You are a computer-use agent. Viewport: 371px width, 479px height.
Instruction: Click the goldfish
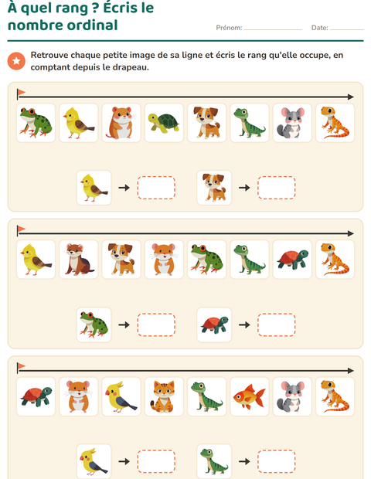tap(249, 396)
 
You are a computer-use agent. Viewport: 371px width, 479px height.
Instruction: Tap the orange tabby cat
tap(164, 396)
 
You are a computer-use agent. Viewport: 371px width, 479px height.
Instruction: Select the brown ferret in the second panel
tap(79, 260)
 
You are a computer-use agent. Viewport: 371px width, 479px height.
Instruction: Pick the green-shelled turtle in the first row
tap(164, 123)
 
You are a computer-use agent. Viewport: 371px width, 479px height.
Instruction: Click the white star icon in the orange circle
tap(16, 61)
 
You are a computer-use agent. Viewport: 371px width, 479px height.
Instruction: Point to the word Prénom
tap(229, 28)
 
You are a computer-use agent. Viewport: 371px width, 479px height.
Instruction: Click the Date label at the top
tap(319, 28)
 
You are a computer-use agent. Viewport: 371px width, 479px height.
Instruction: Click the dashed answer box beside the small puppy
tap(276, 188)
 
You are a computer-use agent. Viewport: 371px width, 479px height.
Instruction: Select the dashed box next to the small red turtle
tap(276, 324)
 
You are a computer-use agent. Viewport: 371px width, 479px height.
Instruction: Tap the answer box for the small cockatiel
tap(156, 461)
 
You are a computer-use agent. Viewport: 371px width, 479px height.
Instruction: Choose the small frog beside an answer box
tap(94, 324)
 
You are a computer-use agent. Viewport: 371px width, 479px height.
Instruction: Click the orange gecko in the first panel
tap(335, 123)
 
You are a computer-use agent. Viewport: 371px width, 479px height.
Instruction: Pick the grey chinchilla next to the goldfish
tap(292, 396)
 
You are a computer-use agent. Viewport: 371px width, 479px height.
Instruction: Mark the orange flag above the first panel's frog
tap(22, 92)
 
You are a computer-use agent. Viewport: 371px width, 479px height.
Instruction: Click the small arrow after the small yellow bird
tap(124, 188)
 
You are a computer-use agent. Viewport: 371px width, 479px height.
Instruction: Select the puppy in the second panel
tap(121, 260)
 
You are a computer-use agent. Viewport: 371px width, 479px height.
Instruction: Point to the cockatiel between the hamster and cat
tap(121, 396)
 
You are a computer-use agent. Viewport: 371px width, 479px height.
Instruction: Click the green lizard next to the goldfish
tap(206, 396)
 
